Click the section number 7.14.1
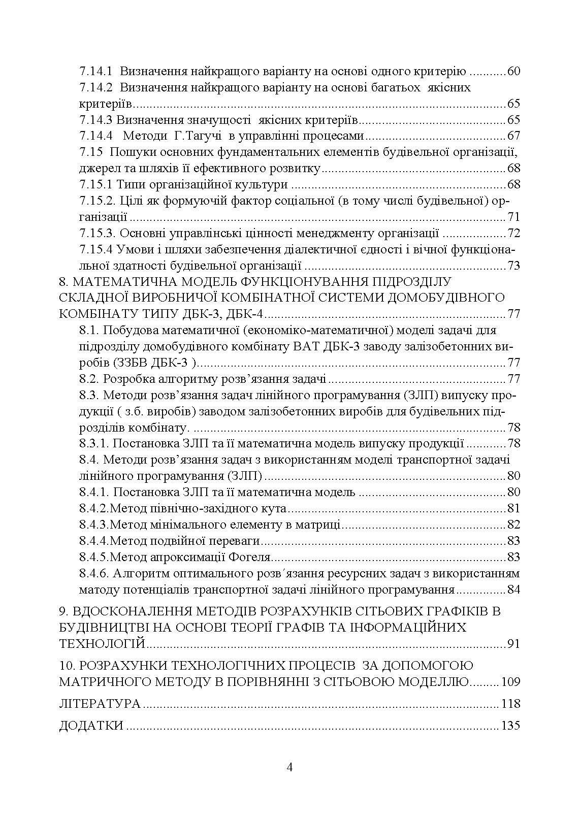coord(96,72)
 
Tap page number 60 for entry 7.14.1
coord(513,72)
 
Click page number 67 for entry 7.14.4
coord(513,136)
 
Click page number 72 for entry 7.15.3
coord(513,234)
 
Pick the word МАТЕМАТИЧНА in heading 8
coord(119,282)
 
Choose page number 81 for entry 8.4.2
coord(513,509)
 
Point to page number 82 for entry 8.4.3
coord(513,525)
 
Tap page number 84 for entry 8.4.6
coord(513,590)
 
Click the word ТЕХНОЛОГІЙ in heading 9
coord(102,644)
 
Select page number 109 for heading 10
coord(510,682)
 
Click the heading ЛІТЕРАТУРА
coord(100,704)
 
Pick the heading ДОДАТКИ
coord(91,726)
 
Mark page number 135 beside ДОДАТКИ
coord(510,726)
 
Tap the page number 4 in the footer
coord(290,767)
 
